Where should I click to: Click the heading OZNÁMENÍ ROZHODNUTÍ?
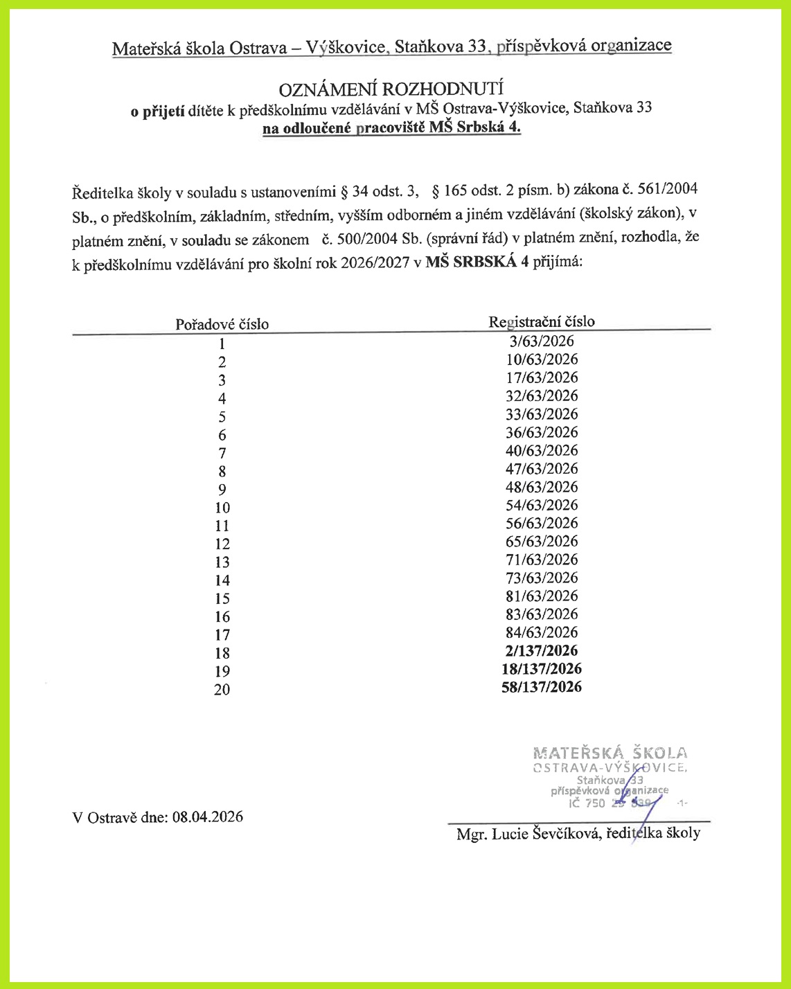pos(391,89)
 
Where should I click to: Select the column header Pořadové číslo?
pos(222,324)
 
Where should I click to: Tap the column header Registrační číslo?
pos(541,321)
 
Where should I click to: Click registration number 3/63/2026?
pos(541,341)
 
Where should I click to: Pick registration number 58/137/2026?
pos(541,687)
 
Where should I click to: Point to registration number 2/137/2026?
pos(541,650)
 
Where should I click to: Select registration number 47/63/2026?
pos(541,469)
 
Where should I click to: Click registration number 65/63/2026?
pos(541,542)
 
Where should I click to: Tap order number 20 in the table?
pos(222,690)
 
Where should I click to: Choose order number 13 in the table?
pos(222,562)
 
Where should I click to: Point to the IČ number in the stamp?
pos(610,803)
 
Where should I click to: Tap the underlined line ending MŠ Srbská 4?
pos(391,128)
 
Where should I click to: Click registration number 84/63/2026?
pos(541,632)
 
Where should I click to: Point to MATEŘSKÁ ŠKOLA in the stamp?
pos(610,753)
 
